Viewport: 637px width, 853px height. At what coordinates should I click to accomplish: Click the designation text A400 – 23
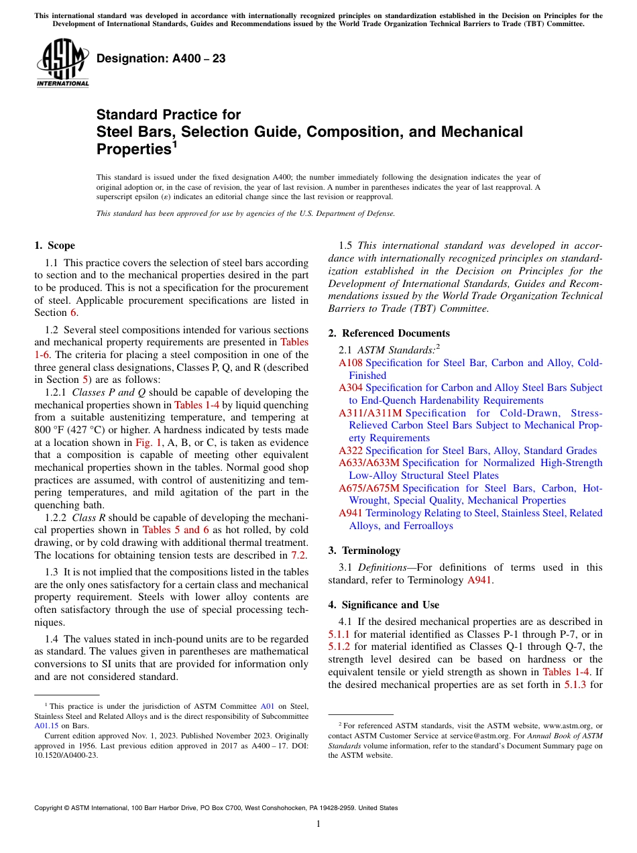(161, 59)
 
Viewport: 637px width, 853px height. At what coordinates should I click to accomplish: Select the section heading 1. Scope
(55, 245)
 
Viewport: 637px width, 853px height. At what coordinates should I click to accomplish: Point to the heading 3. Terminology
(364, 551)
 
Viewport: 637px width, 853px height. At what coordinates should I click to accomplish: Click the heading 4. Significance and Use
(384, 605)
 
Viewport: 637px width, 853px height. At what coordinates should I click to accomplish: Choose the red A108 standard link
(350, 363)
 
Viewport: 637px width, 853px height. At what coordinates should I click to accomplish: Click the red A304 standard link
(350, 388)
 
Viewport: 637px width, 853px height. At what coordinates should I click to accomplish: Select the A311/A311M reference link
(370, 413)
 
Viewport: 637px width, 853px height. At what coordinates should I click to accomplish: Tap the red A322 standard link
(350, 451)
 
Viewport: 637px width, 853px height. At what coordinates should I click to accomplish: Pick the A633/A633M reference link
(369, 463)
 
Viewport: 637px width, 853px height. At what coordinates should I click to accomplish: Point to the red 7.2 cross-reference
(298, 555)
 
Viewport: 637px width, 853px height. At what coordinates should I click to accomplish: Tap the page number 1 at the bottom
(318, 823)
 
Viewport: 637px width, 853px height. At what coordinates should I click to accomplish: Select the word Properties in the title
(132, 149)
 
